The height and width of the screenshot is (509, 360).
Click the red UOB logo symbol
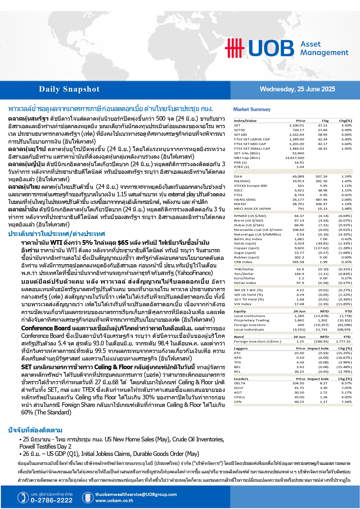click(x=234, y=48)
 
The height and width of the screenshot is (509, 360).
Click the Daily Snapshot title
click(x=69, y=89)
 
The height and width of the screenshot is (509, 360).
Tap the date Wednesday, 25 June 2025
click(x=297, y=89)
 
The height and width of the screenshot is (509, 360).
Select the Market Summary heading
click(x=252, y=109)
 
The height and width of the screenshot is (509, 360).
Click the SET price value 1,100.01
click(x=296, y=125)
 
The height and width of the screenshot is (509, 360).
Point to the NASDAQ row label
click(x=242, y=181)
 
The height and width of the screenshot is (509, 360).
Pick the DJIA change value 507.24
click(x=321, y=176)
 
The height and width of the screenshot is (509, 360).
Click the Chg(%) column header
click(x=345, y=121)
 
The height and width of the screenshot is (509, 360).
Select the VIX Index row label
click(x=243, y=304)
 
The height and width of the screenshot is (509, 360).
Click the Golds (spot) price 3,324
click(x=299, y=243)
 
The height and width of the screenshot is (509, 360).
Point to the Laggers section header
click(x=241, y=348)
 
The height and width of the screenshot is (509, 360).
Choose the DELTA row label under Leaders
click(x=240, y=383)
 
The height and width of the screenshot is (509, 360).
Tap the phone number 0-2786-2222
click(x=52, y=500)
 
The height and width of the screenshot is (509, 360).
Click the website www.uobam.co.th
click(x=114, y=500)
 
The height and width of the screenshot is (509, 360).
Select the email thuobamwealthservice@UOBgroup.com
click(x=136, y=494)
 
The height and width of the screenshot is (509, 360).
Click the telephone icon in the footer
click(x=23, y=497)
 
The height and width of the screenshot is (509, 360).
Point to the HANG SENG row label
click(x=245, y=200)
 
